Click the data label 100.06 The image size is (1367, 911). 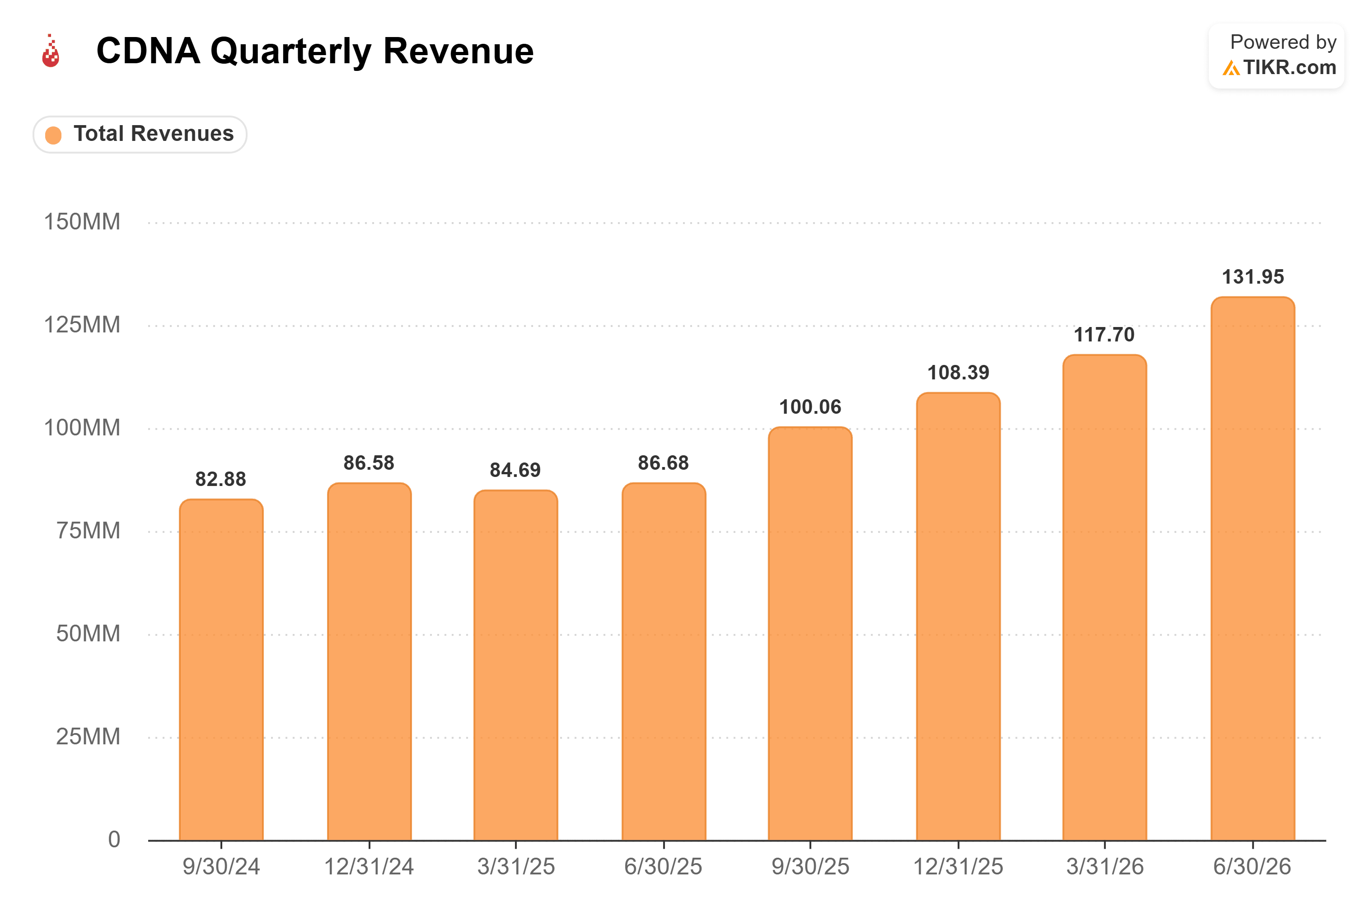[x=810, y=406]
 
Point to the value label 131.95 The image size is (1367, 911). [x=1253, y=276]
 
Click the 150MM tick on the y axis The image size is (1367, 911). [x=82, y=222]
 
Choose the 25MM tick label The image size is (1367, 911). [x=88, y=736]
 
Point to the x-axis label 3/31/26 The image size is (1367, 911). [x=1105, y=866]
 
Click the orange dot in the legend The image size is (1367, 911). [x=53, y=135]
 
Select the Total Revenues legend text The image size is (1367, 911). [x=154, y=134]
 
